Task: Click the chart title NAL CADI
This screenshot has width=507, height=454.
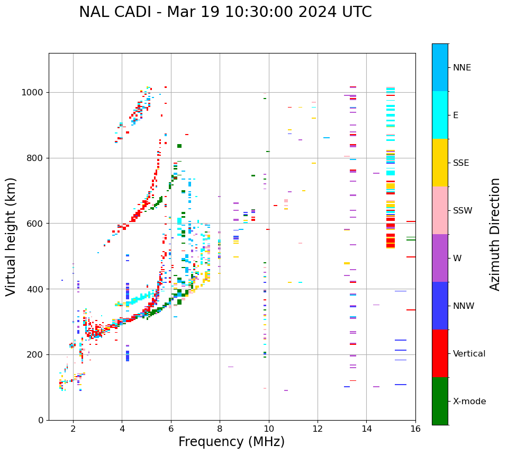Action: tap(225, 12)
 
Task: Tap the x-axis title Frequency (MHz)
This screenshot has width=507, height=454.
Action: tap(231, 442)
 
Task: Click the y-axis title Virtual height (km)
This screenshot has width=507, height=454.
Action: tap(11, 237)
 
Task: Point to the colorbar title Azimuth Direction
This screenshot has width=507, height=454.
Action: tap(495, 234)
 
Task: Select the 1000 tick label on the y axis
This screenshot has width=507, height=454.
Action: tap(33, 93)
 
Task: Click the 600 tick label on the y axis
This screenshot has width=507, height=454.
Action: tap(35, 224)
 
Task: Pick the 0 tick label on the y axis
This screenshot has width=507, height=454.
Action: tap(41, 420)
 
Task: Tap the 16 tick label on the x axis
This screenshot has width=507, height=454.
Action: tap(415, 429)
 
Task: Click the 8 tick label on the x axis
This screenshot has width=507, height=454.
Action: tap(220, 429)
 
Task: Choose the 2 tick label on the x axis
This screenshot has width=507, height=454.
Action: tap(73, 429)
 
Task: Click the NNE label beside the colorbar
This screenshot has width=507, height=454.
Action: tap(462, 68)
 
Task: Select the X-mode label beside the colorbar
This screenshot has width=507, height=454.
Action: tap(469, 402)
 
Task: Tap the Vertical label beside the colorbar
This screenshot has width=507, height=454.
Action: tap(469, 354)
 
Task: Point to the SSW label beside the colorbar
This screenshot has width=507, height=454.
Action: tap(463, 211)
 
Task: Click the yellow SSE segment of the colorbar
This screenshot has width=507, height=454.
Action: tap(440, 163)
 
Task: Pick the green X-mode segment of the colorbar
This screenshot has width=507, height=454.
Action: tap(440, 401)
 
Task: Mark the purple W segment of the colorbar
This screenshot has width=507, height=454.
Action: tap(440, 258)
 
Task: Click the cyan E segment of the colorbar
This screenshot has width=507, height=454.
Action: tap(440, 115)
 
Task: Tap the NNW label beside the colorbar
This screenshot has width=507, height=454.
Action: tap(464, 306)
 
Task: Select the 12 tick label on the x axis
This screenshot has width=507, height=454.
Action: tap(318, 429)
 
